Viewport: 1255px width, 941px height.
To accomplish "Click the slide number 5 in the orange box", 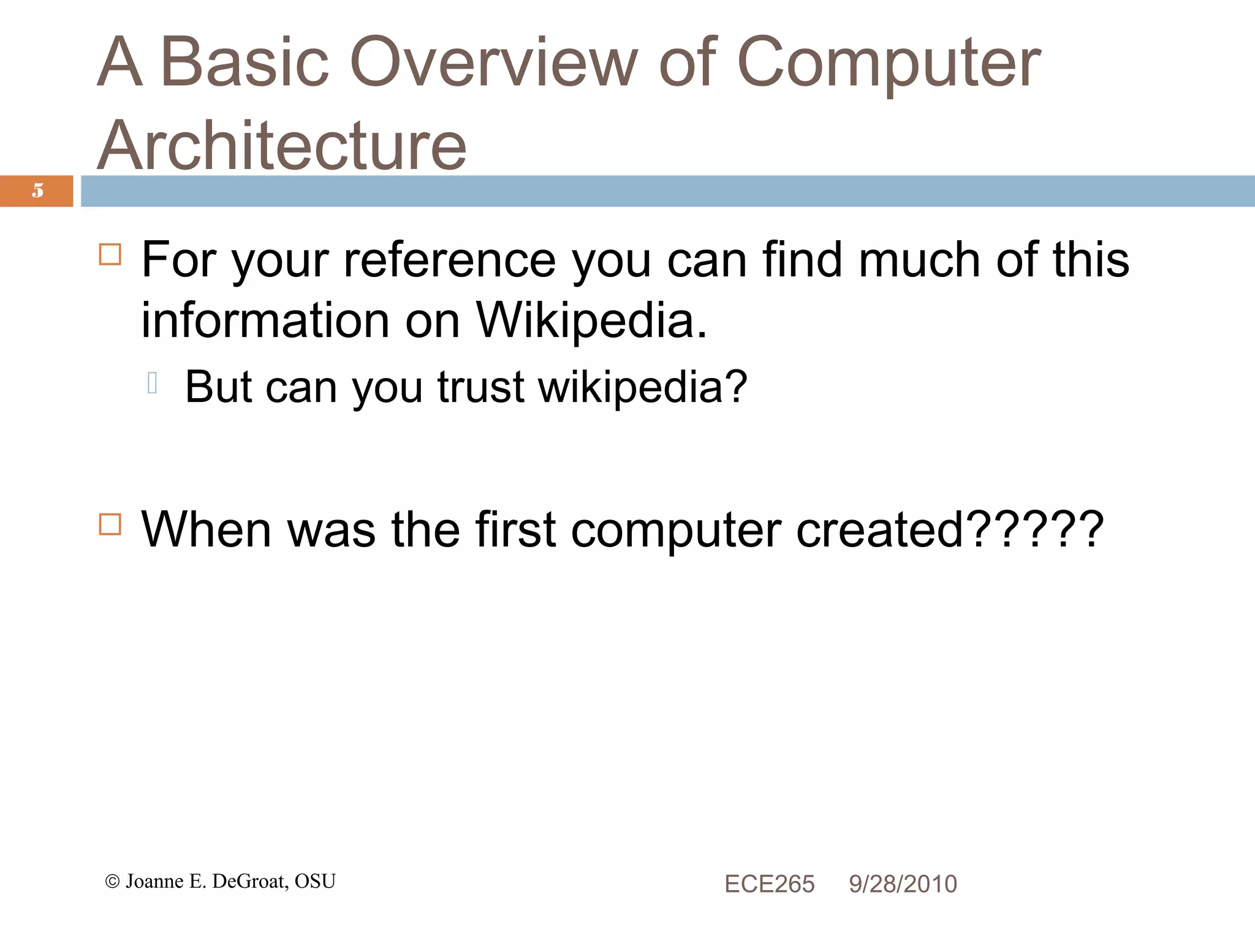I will tap(38, 191).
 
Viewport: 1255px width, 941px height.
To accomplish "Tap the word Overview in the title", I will tap(494, 62).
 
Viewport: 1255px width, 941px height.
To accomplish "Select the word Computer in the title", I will tap(889, 62).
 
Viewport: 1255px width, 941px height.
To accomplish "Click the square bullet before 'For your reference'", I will tap(110, 254).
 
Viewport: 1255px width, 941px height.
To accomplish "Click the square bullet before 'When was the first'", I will tap(110, 524).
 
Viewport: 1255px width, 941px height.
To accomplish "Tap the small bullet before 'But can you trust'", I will tap(153, 383).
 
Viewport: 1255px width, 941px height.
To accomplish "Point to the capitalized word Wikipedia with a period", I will tap(592, 320).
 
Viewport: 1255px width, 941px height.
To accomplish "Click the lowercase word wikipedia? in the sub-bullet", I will tap(643, 387).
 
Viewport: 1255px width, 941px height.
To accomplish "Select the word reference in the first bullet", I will tap(450, 260).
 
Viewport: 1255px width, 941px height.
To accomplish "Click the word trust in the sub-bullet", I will tap(480, 387).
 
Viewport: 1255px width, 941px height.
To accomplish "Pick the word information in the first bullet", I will tap(265, 320).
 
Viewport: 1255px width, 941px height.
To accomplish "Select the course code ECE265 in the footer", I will tap(769, 884).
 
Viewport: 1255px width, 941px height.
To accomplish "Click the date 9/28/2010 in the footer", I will tap(903, 884).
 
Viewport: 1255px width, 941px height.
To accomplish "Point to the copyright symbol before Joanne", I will tap(112, 882).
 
